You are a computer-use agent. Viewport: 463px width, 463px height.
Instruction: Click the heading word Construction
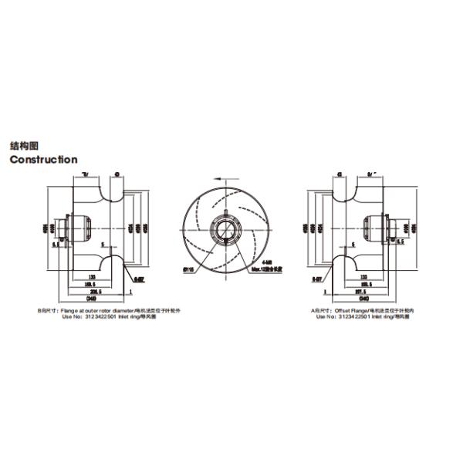point(43,160)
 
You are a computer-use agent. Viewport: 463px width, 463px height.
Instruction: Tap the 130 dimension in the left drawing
point(92,275)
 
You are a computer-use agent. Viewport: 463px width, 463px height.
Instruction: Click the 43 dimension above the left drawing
point(115,174)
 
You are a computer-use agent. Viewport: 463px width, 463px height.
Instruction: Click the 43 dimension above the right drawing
point(341,174)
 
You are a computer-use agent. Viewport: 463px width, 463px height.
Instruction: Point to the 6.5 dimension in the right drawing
point(401,241)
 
